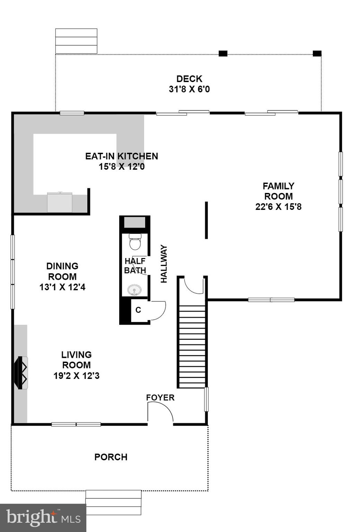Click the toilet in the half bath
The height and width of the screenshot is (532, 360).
click(x=135, y=242)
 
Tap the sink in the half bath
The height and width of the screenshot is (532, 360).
click(x=134, y=290)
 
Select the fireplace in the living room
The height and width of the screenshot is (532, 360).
click(x=20, y=373)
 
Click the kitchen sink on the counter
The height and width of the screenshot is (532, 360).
click(x=60, y=202)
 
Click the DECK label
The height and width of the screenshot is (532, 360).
click(x=189, y=79)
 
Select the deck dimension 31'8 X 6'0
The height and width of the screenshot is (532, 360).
click(x=189, y=89)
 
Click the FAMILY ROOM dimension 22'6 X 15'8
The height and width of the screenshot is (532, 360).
click(x=278, y=207)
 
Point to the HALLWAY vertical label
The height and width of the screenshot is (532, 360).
click(x=164, y=264)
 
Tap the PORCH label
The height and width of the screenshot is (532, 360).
click(x=111, y=457)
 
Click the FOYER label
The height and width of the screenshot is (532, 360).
click(x=160, y=398)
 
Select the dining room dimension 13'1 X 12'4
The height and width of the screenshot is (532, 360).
click(x=62, y=287)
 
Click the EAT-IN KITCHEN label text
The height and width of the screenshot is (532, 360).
click(x=122, y=156)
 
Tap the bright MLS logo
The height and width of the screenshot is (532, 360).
click(x=43, y=518)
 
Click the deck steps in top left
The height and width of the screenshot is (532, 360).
click(x=76, y=41)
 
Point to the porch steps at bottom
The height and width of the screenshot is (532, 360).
click(x=113, y=502)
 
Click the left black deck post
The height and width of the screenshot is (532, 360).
click(x=223, y=53)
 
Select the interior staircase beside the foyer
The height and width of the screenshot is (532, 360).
click(x=192, y=346)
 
